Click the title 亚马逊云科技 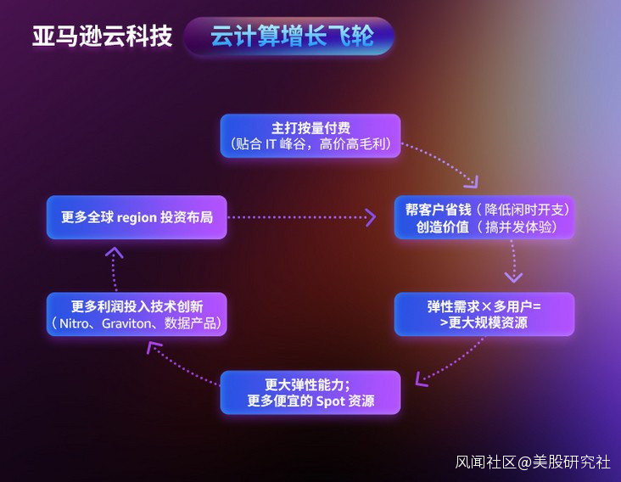point(102,36)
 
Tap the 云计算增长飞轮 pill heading point(288,36)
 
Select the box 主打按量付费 point(310,136)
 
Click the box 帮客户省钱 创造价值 point(484,217)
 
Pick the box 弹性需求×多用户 point(484,315)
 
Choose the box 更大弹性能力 point(310,393)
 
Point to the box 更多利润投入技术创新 point(137,315)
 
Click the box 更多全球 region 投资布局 point(137,217)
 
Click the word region point(137,218)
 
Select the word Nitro point(74,324)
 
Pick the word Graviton point(126,324)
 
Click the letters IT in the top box point(271,144)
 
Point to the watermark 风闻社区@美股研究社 point(533,462)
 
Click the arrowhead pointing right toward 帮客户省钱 point(371,217)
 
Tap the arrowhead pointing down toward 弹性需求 point(513,277)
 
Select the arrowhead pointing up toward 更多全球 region point(115,252)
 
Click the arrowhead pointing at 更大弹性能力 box point(421,379)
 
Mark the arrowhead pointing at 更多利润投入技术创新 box point(153,348)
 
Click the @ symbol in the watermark point(524,462)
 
